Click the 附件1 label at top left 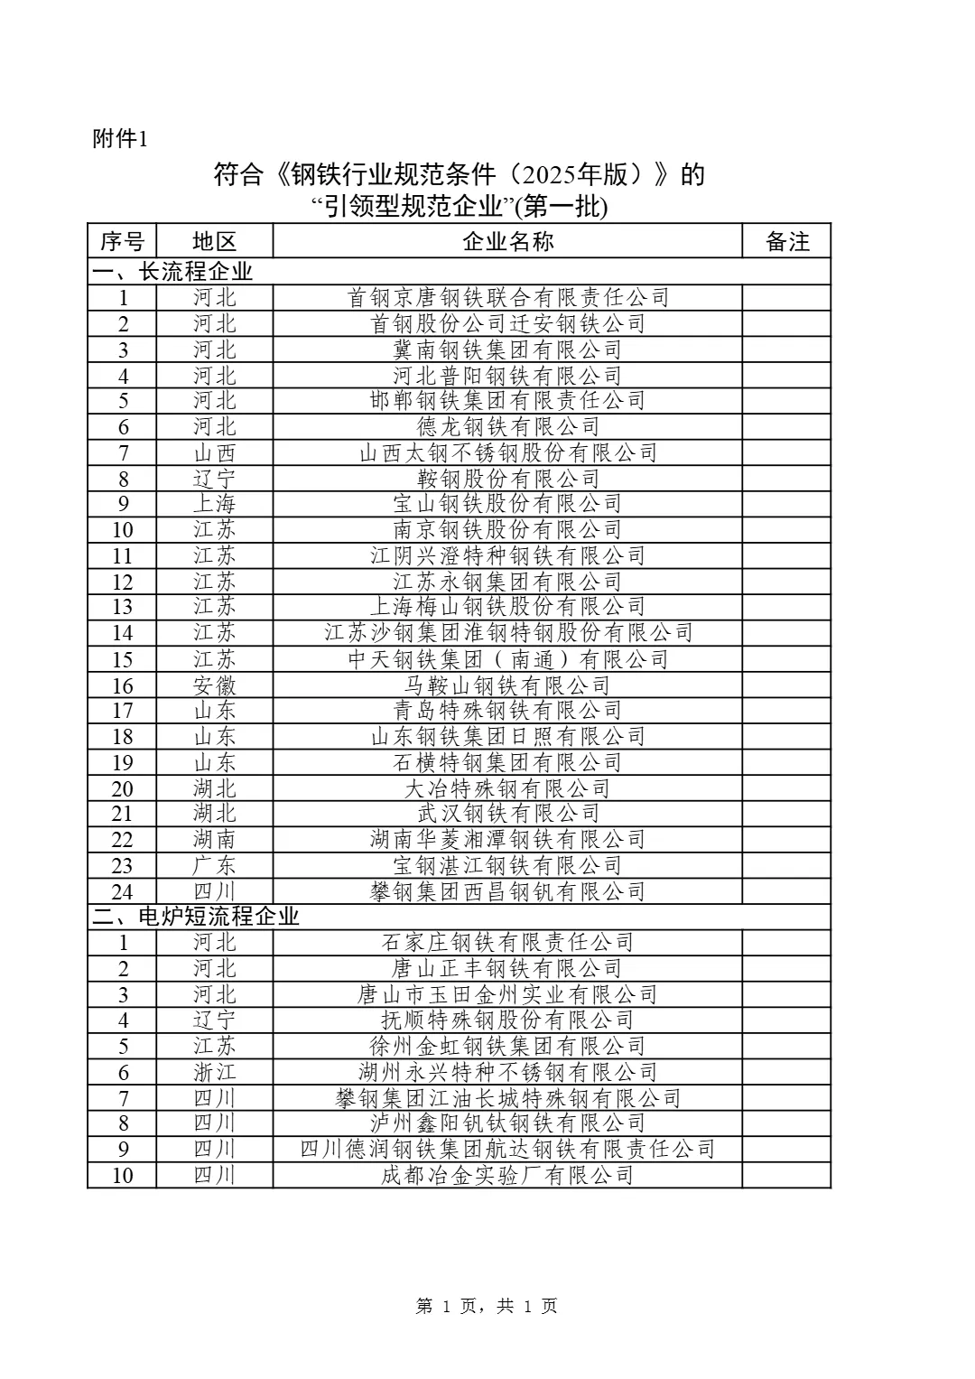coord(119,140)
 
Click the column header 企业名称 coord(507,241)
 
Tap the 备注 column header coord(787,241)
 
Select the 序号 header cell coord(122,241)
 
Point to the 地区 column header coord(214,241)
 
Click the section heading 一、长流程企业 coord(172,271)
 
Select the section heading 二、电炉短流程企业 coord(196,917)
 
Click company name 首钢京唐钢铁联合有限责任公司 coord(508,297)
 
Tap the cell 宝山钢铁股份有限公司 coord(508,503)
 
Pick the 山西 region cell coord(214,452)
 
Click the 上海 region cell coord(214,503)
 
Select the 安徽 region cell coord(214,685)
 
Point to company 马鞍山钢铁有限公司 coord(508,685)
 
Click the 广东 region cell coord(214,865)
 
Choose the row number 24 coord(122,891)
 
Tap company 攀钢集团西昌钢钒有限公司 coord(508,891)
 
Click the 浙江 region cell coord(214,1072)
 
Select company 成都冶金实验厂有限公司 coord(508,1175)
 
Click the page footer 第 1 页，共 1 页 coord(487,1306)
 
